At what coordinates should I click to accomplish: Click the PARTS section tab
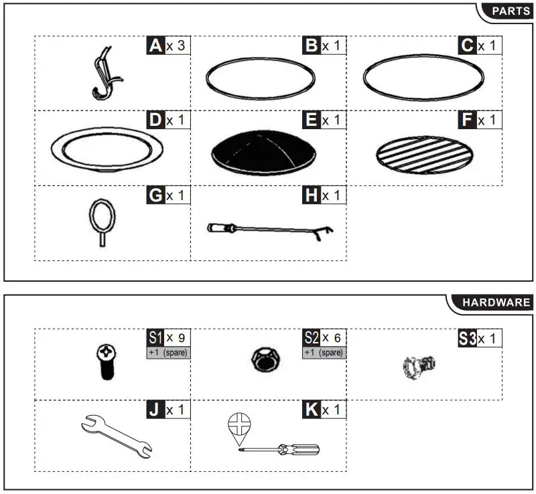click(511, 11)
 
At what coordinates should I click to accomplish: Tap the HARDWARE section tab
click(496, 303)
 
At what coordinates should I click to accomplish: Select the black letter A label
click(155, 46)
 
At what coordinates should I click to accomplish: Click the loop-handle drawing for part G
click(100, 221)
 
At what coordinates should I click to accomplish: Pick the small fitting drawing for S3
click(420, 365)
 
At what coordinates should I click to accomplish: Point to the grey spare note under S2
click(324, 353)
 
